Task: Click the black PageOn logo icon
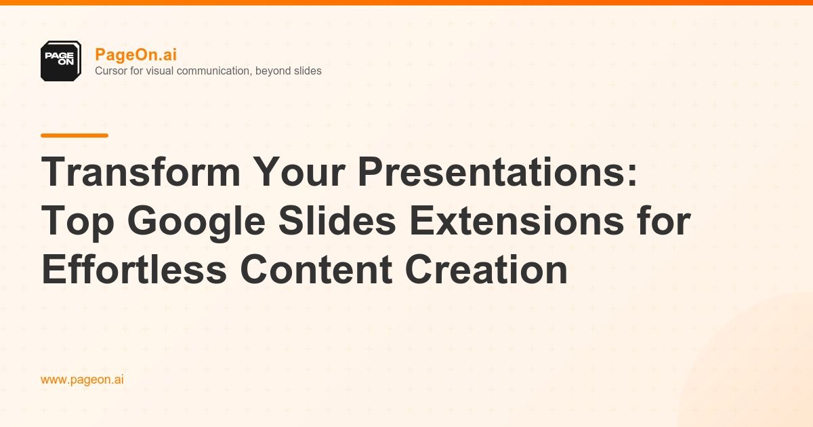[x=61, y=61]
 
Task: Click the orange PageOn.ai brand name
[x=135, y=55]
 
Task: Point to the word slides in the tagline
[x=307, y=70]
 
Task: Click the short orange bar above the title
[x=75, y=136]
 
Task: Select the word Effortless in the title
[x=133, y=270]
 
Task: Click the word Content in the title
[x=315, y=270]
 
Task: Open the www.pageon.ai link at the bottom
[x=82, y=380]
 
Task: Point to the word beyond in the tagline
[x=274, y=70]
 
